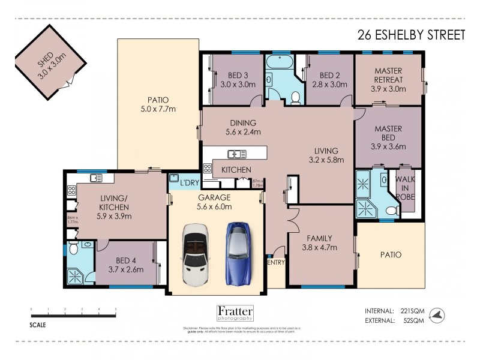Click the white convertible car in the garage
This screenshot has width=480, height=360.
coord(194,254)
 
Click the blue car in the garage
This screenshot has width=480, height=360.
coord(237,253)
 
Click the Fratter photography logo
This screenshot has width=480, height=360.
coord(235,314)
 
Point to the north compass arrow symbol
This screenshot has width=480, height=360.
coord(440,314)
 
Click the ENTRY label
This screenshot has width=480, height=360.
coord(276,262)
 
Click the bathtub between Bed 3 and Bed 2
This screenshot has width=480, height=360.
coord(280,63)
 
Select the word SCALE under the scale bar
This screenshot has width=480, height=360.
coord(38,326)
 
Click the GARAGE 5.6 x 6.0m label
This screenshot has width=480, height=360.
coord(215,202)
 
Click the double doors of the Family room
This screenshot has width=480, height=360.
coord(292,221)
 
